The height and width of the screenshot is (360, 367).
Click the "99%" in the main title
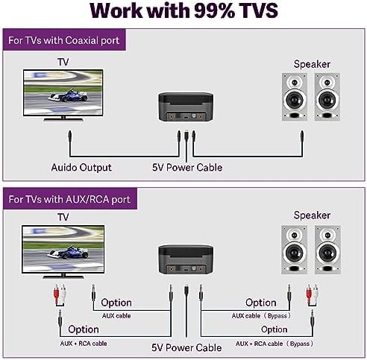pyautogui.click(x=214, y=11)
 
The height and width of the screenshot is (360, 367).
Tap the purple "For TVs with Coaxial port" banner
pyautogui.click(x=64, y=40)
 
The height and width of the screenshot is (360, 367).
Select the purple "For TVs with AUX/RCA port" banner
pyautogui.click(x=70, y=199)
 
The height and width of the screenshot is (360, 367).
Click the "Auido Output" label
pyautogui.click(x=81, y=168)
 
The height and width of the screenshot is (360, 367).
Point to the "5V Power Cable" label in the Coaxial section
pyautogui.click(x=187, y=168)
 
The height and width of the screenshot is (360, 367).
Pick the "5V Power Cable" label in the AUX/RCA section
pyautogui.click(x=186, y=347)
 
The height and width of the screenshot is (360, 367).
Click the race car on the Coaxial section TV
pyautogui.click(x=68, y=95)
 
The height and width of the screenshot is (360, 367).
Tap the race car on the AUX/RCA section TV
pyautogui.click(x=68, y=252)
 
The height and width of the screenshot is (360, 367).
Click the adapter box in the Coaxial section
pyautogui.click(x=186, y=107)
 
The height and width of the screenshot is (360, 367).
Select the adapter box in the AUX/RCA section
pyautogui.click(x=186, y=259)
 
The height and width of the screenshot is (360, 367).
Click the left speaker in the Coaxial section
pyautogui.click(x=295, y=97)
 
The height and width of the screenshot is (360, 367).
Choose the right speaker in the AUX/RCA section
pyautogui.click(x=327, y=250)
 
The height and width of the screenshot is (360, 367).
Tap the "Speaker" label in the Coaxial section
pyautogui.click(x=312, y=64)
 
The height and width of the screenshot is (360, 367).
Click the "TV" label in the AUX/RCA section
pyautogui.click(x=63, y=217)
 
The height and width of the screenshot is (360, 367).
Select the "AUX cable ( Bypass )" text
pyautogui.click(x=261, y=316)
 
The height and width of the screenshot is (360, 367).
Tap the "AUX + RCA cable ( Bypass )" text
pyautogui.click(x=275, y=344)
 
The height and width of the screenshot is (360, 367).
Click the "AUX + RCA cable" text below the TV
pyautogui.click(x=84, y=344)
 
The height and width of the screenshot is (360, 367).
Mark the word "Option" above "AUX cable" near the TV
pyautogui.click(x=116, y=303)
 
